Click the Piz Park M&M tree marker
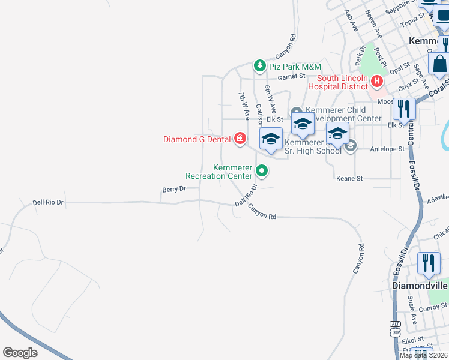pos(259,65)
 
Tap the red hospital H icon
pos(376,80)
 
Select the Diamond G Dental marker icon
pos(240,139)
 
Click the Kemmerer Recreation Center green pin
pos(262,171)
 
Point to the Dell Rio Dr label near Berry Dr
pos(48,203)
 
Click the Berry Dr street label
pos(174,189)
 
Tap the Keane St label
pos(350,179)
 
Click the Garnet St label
pos(291,77)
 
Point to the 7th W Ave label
pos(244,104)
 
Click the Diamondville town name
pos(419,286)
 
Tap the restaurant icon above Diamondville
pos(429,263)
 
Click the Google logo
pos(20,353)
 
